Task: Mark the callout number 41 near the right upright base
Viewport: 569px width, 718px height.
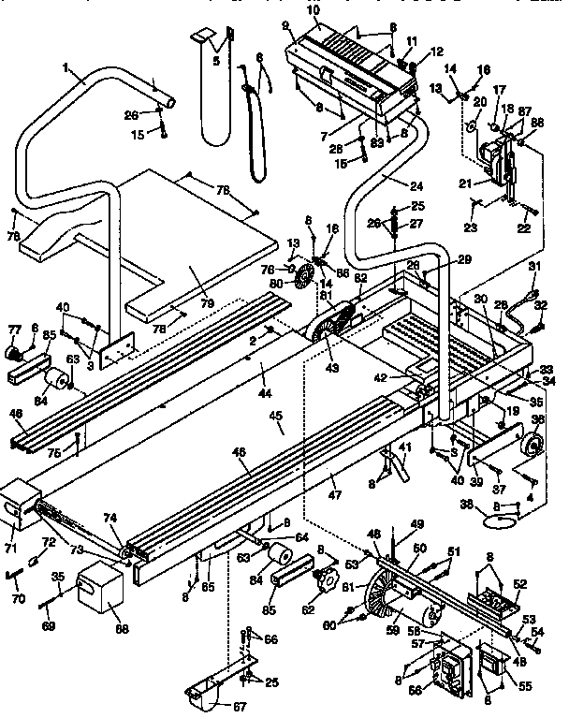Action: (x=405, y=448)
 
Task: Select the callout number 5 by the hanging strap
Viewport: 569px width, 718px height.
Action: (x=216, y=63)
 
